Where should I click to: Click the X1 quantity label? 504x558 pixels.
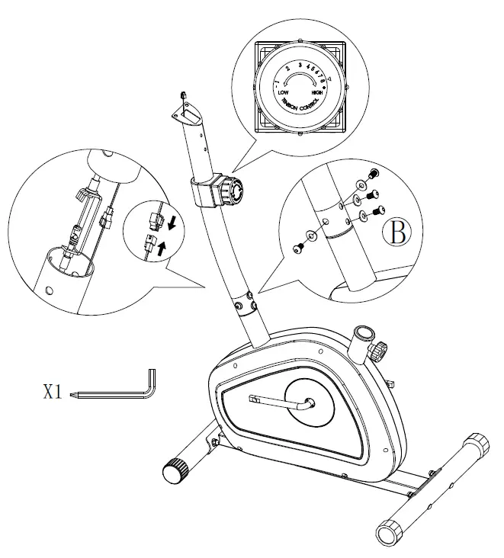pos(52,393)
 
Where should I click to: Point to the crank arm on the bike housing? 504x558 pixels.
pos(280,403)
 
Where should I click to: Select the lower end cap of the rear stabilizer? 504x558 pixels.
pos(390,531)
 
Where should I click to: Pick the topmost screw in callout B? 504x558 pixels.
pos(374,174)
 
